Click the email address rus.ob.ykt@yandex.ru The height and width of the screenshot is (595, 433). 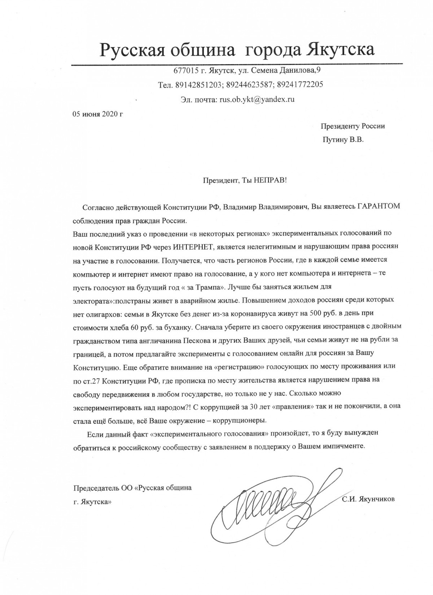point(257,99)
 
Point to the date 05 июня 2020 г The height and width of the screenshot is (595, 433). point(98,114)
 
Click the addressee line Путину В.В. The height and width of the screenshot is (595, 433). point(343,140)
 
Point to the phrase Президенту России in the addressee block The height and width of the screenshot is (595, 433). point(353,126)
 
